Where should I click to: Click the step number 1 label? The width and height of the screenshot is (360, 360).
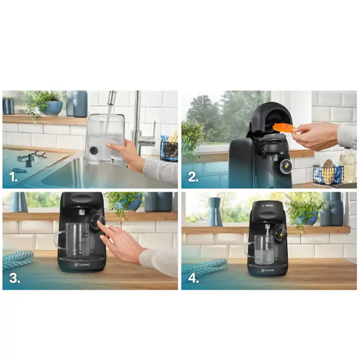point(14,177)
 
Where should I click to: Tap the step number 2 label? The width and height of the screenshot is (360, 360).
point(193,177)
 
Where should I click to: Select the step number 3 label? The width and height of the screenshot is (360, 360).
point(15,278)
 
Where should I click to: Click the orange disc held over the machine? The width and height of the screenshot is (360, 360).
point(283,127)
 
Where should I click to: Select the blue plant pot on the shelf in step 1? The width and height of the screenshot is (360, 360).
point(53,108)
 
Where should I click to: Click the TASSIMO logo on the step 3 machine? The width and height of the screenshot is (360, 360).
point(82,265)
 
